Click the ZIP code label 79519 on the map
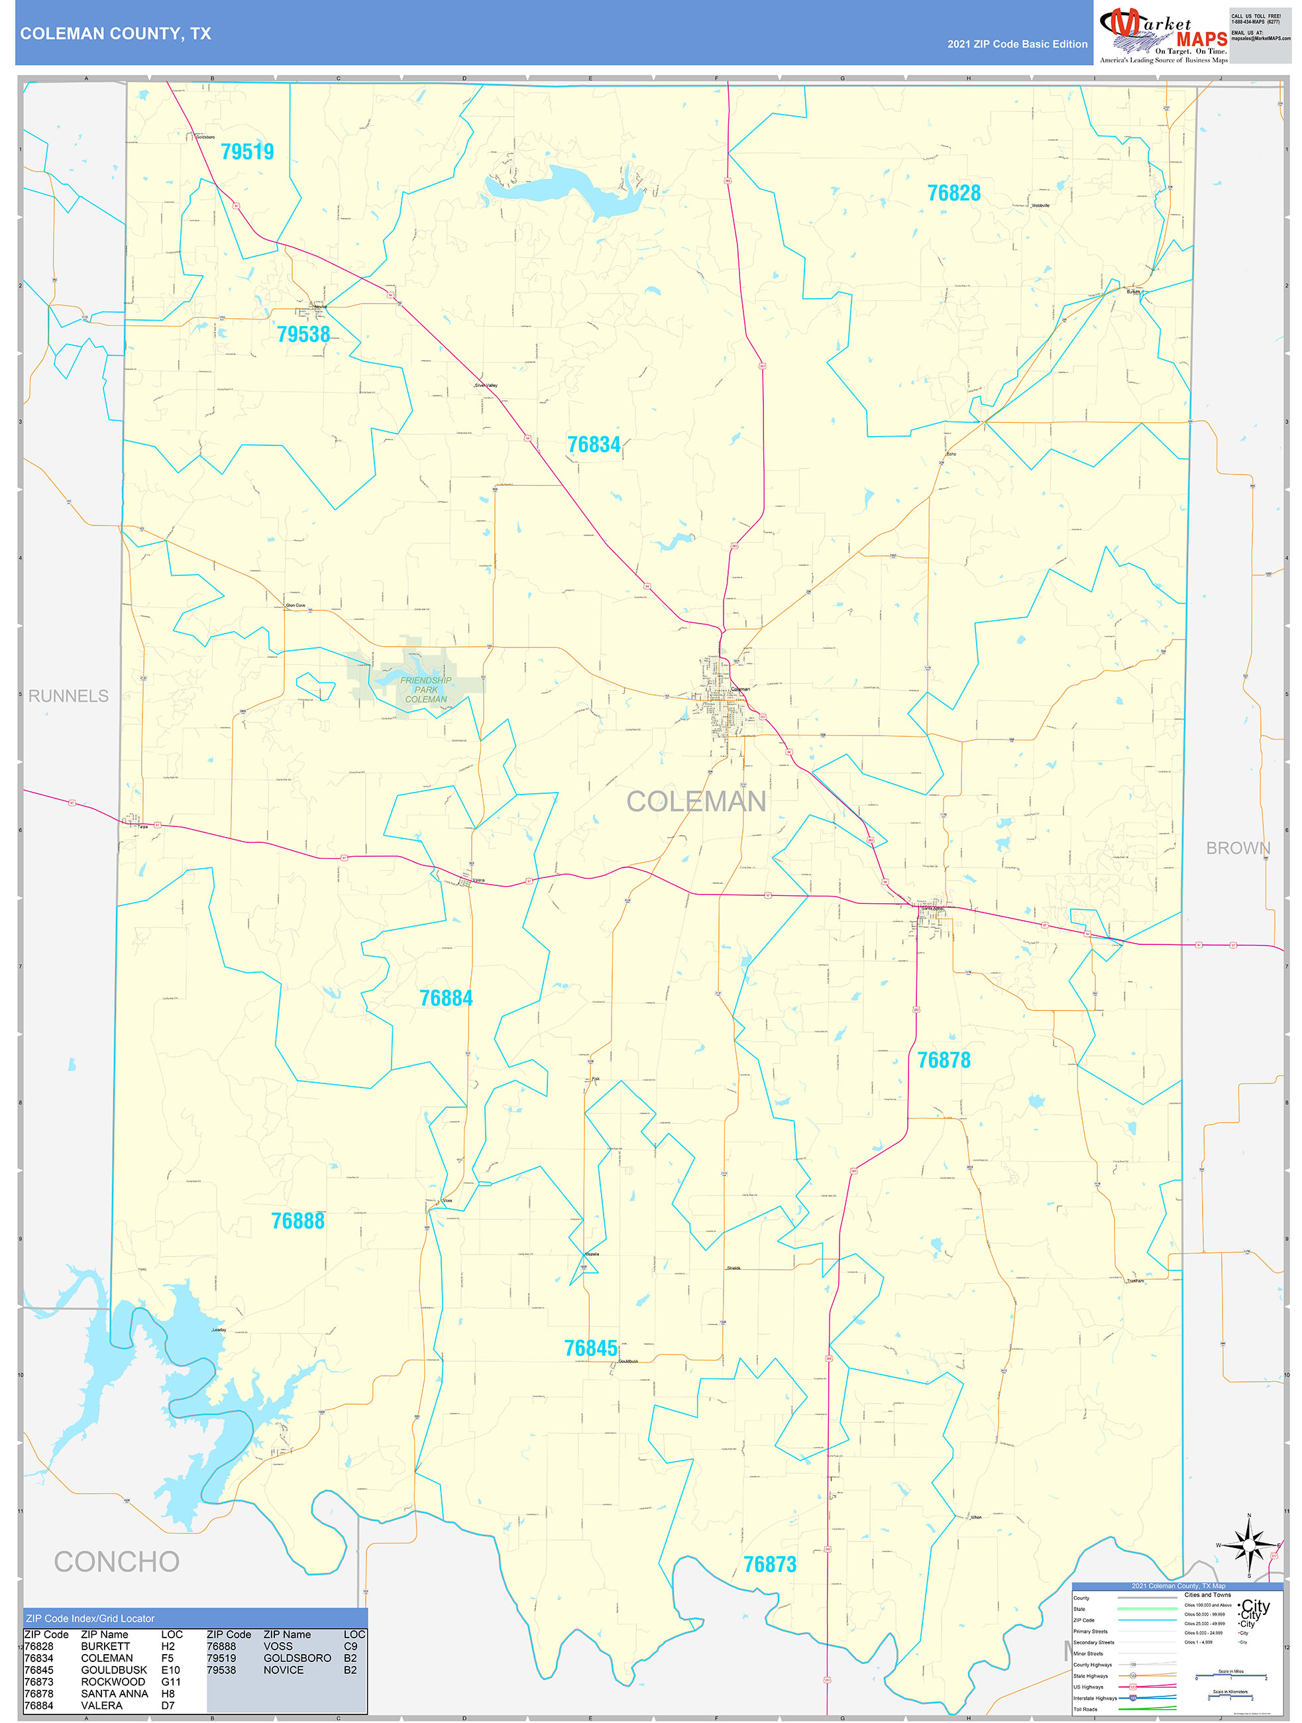click(x=247, y=152)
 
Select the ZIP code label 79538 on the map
click(x=303, y=334)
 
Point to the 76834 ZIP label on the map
click(x=594, y=445)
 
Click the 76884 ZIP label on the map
click(x=445, y=998)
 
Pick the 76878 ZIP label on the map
click(x=943, y=1060)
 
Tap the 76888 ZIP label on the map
click(x=298, y=1221)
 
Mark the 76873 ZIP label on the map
click(x=769, y=1564)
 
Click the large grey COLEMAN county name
click(x=696, y=801)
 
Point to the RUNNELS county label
click(x=68, y=696)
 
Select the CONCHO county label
click(x=117, y=1562)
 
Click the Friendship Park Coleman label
click(x=425, y=689)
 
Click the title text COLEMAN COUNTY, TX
click(x=115, y=34)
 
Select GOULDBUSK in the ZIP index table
click(x=114, y=1670)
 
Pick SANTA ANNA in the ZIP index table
click(x=114, y=1693)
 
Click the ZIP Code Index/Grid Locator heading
click(x=90, y=1618)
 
